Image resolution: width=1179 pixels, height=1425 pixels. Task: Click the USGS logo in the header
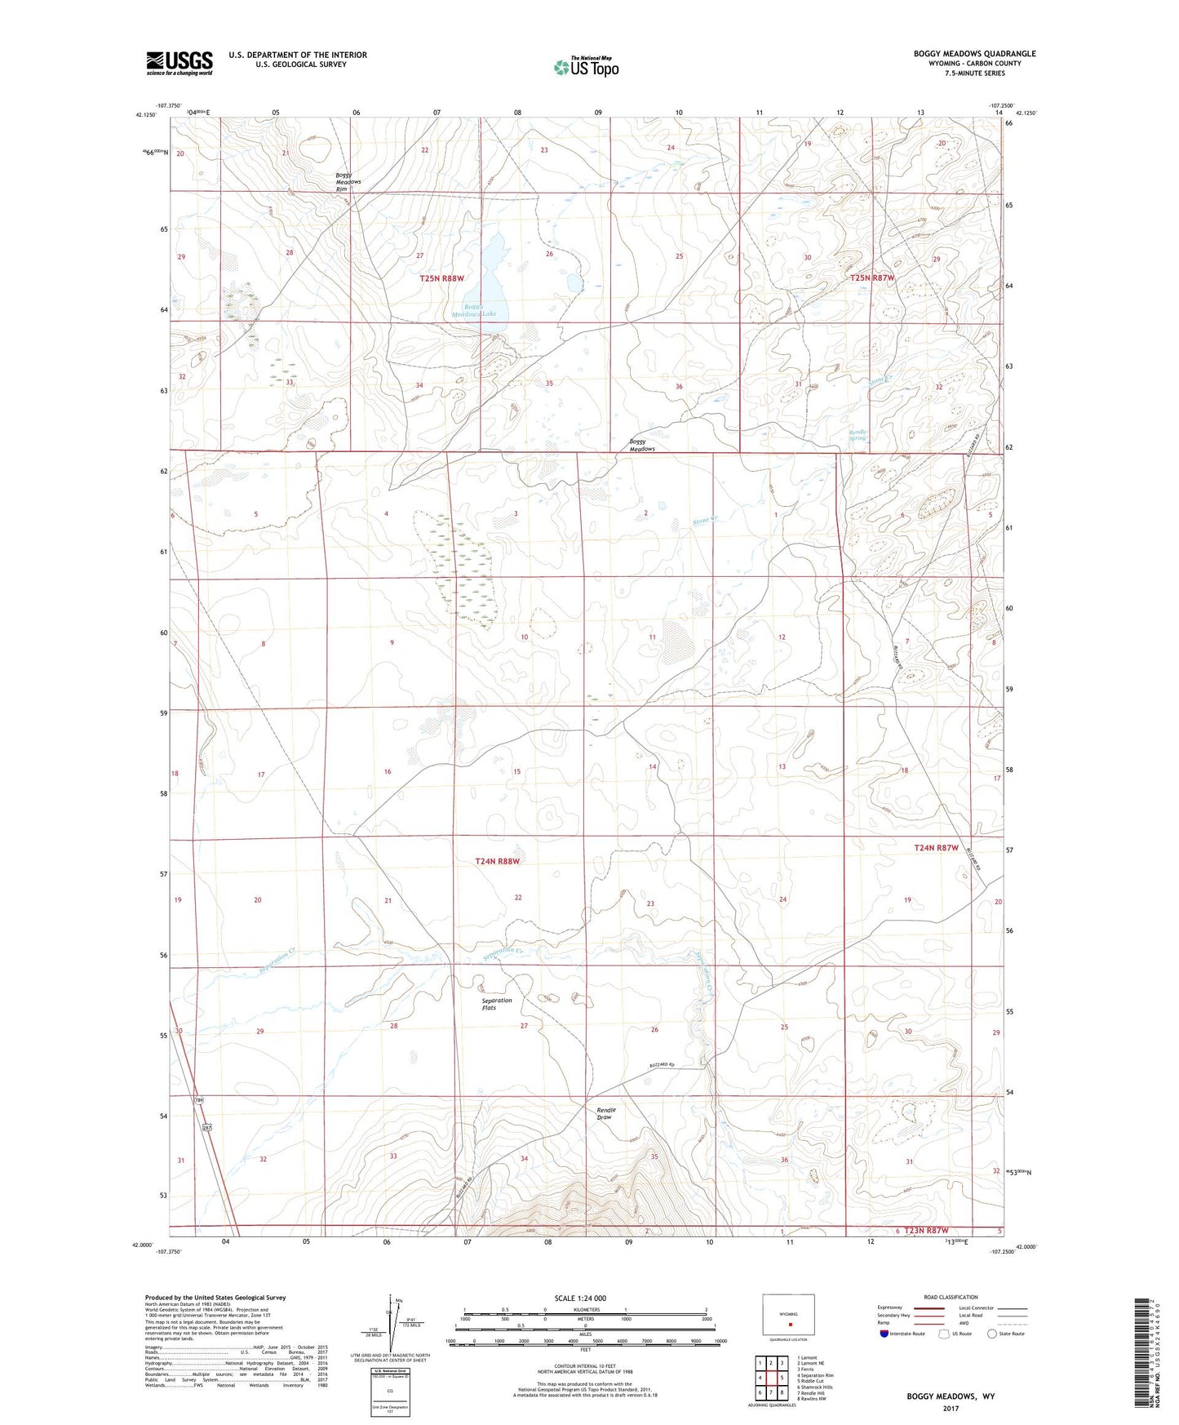click(179, 63)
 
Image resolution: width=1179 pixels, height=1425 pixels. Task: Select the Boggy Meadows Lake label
click(475, 310)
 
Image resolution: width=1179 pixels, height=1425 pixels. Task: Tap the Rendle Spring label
click(858, 435)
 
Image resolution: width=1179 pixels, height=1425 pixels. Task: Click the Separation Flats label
click(496, 1004)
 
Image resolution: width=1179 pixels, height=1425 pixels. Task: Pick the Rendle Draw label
click(606, 1113)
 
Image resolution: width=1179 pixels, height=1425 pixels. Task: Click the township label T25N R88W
click(441, 278)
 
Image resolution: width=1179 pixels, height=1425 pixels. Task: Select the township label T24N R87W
click(935, 848)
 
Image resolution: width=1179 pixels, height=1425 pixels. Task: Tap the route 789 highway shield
click(198, 1101)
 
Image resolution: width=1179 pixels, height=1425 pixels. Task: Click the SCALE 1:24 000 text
click(580, 1298)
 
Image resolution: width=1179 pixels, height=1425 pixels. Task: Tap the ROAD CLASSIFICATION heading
click(951, 1297)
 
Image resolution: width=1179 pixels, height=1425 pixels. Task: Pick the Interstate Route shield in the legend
click(884, 1334)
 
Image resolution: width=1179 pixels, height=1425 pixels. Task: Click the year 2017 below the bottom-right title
click(950, 1408)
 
